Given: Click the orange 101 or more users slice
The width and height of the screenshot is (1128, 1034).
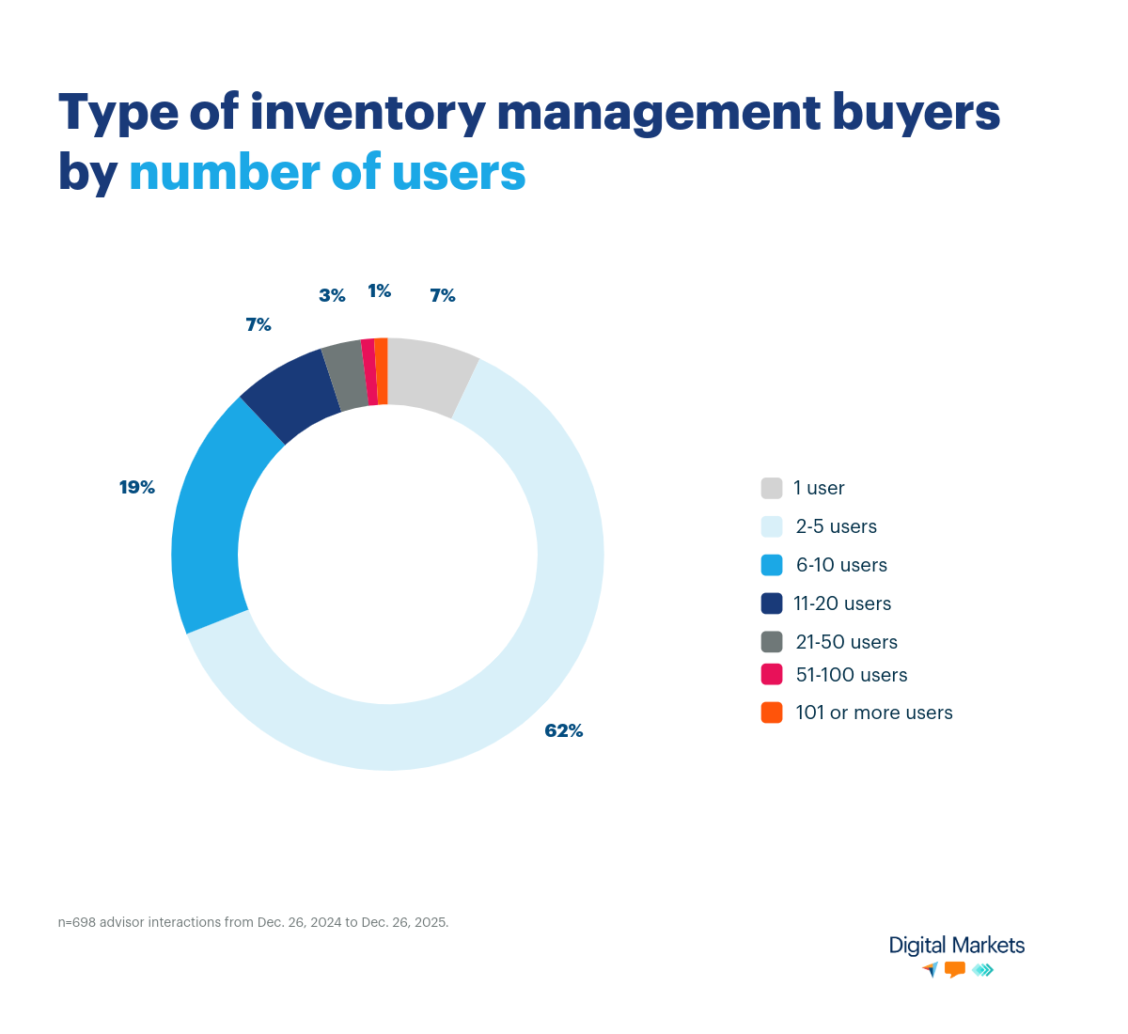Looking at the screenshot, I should pos(382,371).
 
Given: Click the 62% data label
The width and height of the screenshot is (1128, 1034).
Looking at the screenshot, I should pos(564,730).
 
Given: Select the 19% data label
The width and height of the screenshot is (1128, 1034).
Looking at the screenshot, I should pos(136,487).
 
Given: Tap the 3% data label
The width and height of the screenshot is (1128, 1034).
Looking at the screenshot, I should pos(332,295).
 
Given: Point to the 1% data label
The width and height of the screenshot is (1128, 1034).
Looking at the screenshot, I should pos(379,290).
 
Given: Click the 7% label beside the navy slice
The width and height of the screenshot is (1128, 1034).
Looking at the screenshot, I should pos(258,324).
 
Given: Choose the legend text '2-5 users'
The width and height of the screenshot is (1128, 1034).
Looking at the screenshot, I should pos(836,526).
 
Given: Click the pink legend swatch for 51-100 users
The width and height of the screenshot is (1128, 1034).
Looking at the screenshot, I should pos(772,675).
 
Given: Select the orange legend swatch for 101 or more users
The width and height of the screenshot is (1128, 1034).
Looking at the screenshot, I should pos(772,713).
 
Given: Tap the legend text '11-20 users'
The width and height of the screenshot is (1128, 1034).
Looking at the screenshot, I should pos(842,603).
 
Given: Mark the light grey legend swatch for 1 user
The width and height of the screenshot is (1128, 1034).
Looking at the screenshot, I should pos(772,488).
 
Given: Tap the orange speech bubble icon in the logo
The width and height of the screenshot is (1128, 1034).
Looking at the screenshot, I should pos(955,969).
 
